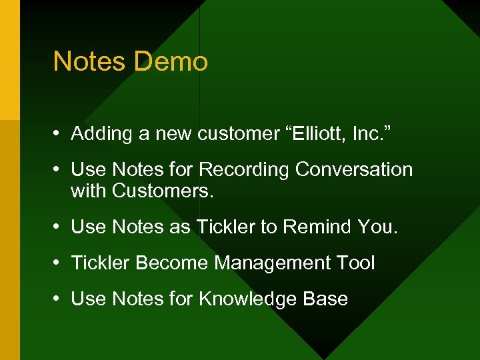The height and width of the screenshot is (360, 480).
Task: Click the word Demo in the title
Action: click(171, 61)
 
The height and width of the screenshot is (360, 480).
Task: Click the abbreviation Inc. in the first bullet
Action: click(370, 133)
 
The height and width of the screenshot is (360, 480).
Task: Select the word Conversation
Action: click(354, 169)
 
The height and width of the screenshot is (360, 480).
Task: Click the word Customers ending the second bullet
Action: click(163, 191)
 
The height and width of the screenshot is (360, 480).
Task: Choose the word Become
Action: click(171, 263)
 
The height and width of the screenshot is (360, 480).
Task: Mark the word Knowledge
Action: click(248, 299)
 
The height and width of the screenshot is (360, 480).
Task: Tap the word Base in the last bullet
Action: click(325, 299)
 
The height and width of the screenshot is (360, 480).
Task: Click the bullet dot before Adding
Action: click(59, 135)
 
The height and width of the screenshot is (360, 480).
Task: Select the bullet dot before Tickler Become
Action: click(59, 264)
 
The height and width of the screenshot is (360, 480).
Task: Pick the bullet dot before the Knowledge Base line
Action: click(59, 300)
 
